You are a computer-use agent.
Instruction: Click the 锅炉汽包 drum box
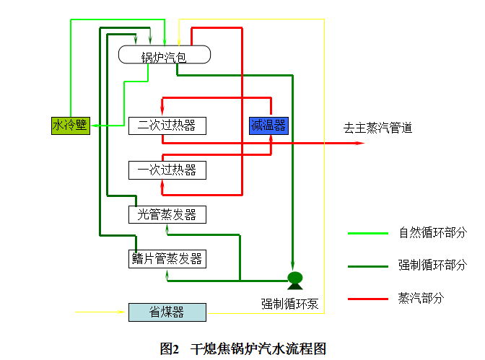point(165,55)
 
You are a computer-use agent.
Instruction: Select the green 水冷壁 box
point(70,126)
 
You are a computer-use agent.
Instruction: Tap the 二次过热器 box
point(167,126)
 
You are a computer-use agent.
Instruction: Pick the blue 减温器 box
point(269,126)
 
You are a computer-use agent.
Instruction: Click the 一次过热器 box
point(167,170)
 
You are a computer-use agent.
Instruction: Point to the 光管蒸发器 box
point(167,214)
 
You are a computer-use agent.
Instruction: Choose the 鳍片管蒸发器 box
point(167,258)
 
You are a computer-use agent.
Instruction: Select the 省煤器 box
point(167,312)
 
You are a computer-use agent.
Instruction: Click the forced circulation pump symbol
point(294,278)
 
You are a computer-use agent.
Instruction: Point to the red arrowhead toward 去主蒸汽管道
point(360,143)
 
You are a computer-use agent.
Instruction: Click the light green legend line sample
point(368,233)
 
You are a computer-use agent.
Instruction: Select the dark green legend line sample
point(368,265)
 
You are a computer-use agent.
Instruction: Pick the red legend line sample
point(368,298)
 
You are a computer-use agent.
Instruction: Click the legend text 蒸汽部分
point(421,298)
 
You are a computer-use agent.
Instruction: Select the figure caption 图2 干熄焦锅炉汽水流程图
point(242,348)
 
